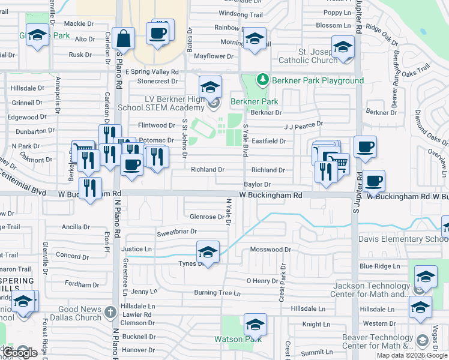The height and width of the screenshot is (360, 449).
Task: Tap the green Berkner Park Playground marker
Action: click(x=262, y=80)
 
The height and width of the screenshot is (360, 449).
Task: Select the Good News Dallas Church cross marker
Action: click(x=109, y=312)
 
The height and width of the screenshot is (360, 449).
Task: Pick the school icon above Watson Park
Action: click(x=255, y=325)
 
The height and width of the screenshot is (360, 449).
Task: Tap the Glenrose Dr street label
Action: click(x=206, y=217)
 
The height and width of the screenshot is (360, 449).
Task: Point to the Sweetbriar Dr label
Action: click(x=177, y=232)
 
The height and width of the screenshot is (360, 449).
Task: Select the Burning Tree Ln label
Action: click(x=217, y=293)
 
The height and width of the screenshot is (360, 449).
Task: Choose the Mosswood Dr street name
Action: click(x=270, y=249)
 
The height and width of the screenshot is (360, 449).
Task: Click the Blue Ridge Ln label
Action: click(x=379, y=266)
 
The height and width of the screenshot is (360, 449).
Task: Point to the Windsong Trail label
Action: click(x=241, y=14)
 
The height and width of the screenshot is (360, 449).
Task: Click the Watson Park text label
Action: click(x=238, y=339)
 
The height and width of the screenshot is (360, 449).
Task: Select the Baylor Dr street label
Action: click(x=257, y=184)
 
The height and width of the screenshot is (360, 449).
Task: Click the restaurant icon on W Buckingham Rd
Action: click(x=90, y=188)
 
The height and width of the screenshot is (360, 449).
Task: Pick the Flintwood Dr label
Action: click(x=156, y=125)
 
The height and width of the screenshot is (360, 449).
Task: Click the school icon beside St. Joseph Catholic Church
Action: click(x=343, y=47)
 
